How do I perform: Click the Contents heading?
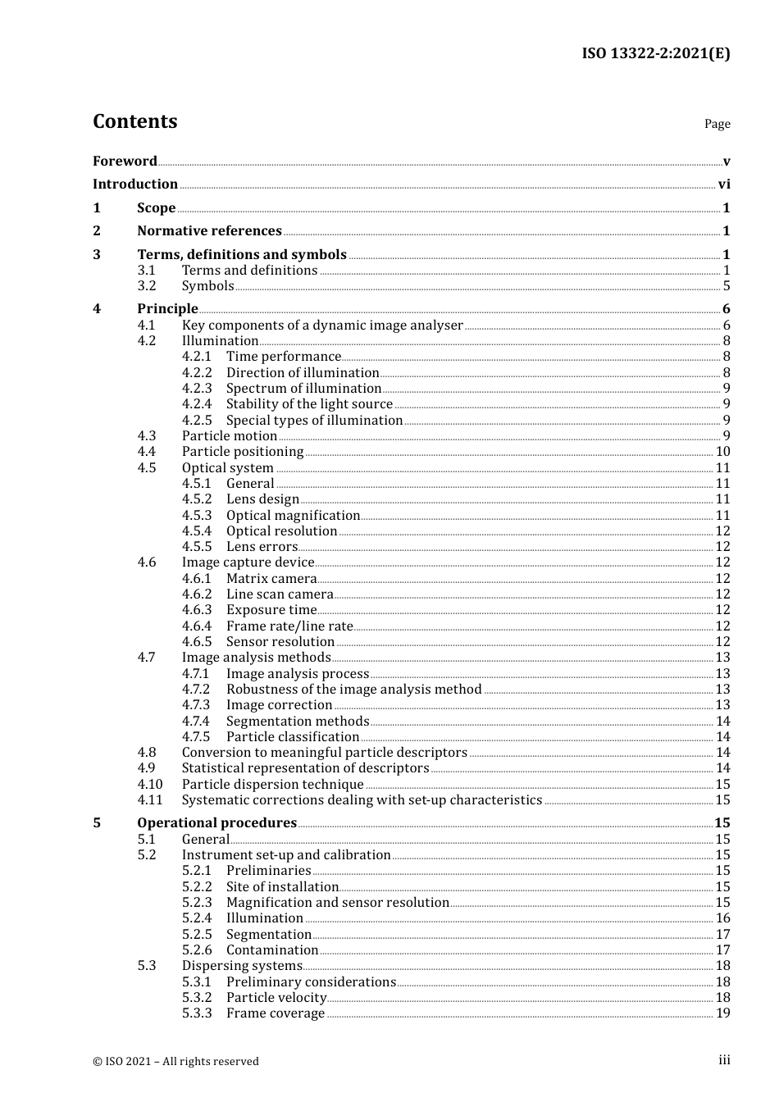(x=134, y=121)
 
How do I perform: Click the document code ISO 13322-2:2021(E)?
(x=655, y=53)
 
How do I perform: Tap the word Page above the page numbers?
(x=717, y=124)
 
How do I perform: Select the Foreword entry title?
(x=125, y=161)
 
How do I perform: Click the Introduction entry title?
(x=135, y=184)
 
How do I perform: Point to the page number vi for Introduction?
(x=724, y=184)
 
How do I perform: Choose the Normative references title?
(x=209, y=230)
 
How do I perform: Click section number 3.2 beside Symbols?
(x=147, y=285)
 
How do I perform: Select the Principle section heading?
(x=167, y=308)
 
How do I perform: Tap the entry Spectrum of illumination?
(x=303, y=388)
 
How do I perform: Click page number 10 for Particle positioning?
(x=722, y=451)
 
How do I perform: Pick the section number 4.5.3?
(x=197, y=515)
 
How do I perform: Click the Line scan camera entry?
(x=280, y=594)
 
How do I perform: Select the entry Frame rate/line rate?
(x=289, y=626)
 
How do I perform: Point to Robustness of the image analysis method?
(x=353, y=689)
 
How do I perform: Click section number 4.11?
(x=150, y=799)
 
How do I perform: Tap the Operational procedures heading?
(x=216, y=822)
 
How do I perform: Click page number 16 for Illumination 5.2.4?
(x=722, y=918)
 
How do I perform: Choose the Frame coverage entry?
(x=276, y=1013)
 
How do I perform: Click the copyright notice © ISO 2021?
(x=175, y=1061)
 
